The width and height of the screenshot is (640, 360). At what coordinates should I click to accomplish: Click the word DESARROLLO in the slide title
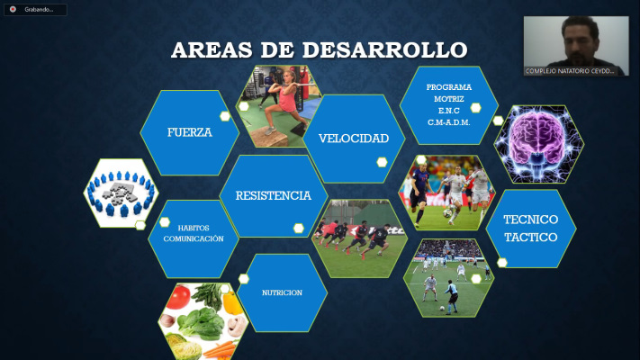[385, 50]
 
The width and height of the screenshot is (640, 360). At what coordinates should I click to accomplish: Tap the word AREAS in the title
[212, 50]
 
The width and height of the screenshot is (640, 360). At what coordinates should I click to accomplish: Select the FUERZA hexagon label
[190, 132]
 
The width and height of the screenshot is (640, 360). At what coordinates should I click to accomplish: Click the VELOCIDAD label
[354, 139]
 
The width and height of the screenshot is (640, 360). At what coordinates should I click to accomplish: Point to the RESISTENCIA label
[274, 195]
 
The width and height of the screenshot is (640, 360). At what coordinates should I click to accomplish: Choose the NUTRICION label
[282, 292]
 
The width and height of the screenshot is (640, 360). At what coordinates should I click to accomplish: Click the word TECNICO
[530, 220]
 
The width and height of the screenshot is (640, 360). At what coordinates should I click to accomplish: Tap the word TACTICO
[530, 237]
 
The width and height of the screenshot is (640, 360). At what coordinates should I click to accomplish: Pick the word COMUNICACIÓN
[194, 238]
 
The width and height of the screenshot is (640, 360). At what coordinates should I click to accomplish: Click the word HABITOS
[194, 229]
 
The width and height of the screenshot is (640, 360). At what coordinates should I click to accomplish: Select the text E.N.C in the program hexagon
[449, 111]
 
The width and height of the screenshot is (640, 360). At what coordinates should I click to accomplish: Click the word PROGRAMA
[449, 87]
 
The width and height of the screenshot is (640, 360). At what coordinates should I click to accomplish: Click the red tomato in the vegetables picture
[178, 297]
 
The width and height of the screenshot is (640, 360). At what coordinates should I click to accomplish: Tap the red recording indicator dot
[14, 9]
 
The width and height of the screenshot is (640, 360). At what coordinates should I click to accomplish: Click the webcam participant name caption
[570, 71]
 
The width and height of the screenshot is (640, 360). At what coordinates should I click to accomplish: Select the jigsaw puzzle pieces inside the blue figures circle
[120, 192]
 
